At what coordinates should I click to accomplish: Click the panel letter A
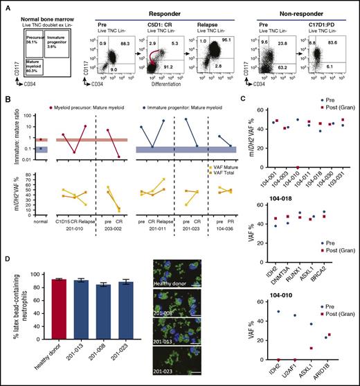5,5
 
